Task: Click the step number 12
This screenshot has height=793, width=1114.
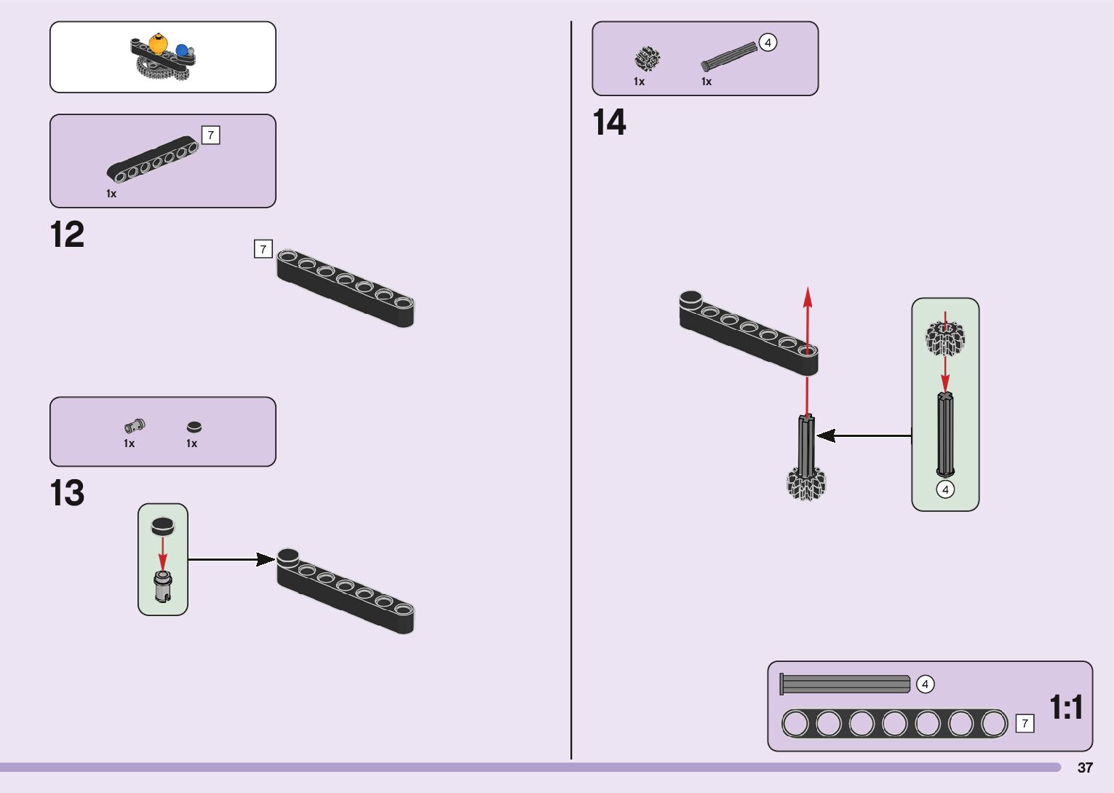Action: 67,235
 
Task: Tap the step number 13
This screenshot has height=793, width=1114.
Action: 67,493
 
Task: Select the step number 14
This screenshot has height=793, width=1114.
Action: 609,122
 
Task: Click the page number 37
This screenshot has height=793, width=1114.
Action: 1085,768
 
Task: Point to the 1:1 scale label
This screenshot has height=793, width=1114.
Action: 1066,707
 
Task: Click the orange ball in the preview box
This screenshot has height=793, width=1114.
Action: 159,42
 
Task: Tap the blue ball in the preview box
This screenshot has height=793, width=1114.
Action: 182,51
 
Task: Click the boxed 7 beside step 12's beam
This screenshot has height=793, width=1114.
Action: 263,249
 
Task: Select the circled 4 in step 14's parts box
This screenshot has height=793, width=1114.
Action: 768,42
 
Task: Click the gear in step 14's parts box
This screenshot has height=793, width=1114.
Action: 646,58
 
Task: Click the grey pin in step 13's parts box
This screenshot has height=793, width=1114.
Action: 134,425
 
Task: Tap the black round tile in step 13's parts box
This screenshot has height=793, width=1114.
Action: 194,427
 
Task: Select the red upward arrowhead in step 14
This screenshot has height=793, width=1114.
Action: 807,296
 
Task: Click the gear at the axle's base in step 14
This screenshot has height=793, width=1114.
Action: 806,484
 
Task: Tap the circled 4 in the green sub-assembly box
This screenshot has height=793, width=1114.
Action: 945,489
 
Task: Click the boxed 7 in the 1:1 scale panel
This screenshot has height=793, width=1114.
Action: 1025,723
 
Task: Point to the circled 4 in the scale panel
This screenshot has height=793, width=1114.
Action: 925,684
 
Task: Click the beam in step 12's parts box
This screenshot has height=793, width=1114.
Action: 154,159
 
